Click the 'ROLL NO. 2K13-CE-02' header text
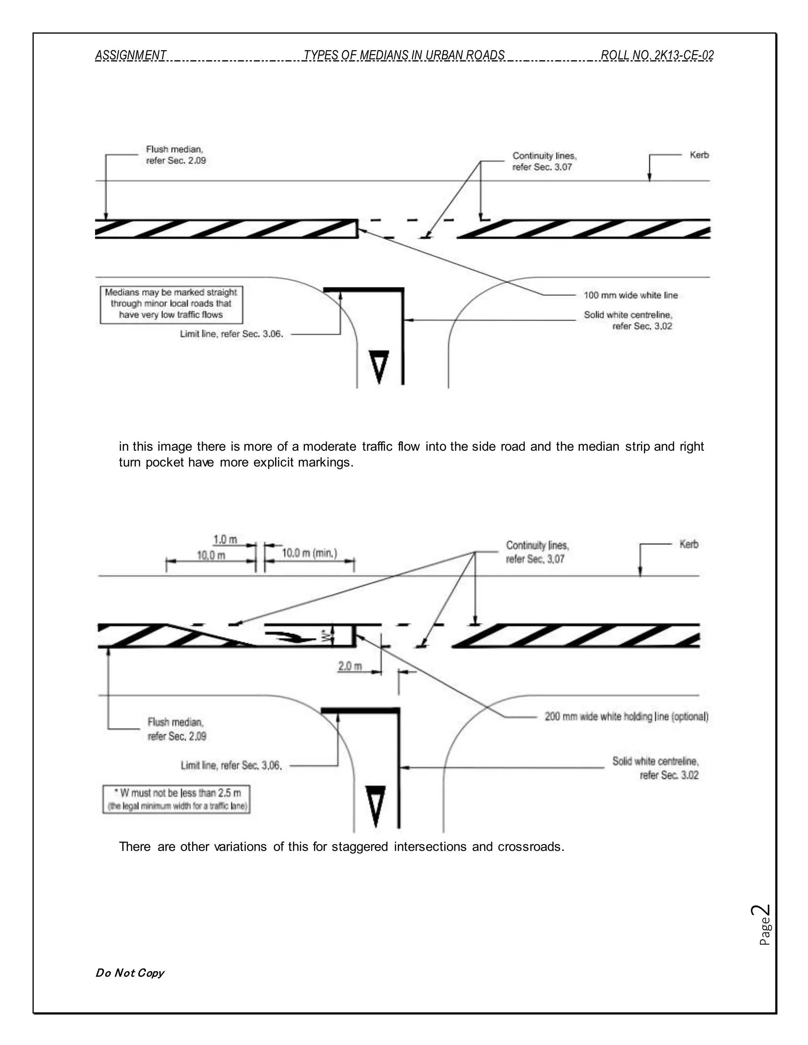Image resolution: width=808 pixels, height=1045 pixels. point(657,56)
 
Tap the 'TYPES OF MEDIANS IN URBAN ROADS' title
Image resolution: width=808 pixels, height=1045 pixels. point(404,56)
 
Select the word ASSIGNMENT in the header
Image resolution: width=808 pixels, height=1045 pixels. point(131,56)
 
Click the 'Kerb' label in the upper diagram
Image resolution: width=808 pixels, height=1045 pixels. point(699,155)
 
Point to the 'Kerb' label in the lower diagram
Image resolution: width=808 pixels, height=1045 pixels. point(688,544)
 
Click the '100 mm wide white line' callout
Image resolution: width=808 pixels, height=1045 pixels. point(630,295)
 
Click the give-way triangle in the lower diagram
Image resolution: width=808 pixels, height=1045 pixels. point(375,805)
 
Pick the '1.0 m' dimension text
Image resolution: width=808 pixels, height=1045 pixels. point(225,540)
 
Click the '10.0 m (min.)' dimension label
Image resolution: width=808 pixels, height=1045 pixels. point(309,553)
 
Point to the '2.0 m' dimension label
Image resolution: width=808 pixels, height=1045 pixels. point(350,666)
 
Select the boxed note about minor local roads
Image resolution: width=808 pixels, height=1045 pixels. point(171,304)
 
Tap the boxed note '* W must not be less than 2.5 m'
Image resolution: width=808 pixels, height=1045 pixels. point(176,799)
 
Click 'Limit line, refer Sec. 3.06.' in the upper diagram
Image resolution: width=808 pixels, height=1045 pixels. point(231,334)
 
